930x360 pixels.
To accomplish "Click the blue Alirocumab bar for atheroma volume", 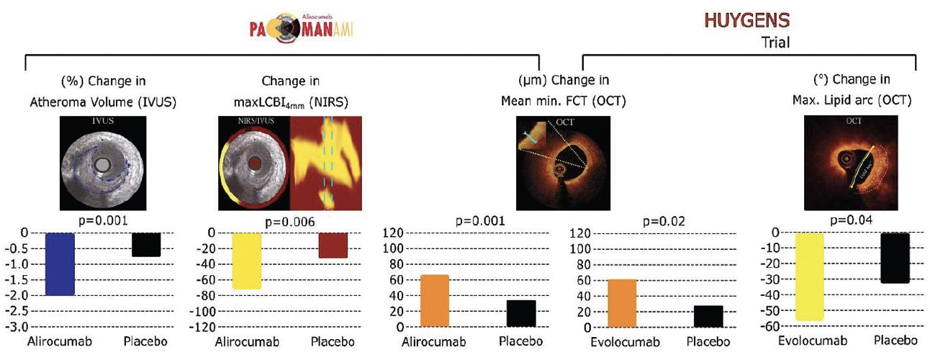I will point(60,264).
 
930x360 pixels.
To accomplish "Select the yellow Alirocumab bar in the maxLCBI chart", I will point(247,260).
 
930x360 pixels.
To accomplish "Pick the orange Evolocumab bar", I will point(622,303).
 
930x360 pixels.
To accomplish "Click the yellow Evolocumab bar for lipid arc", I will point(808,276).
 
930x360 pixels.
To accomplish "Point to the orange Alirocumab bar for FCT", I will point(435,301).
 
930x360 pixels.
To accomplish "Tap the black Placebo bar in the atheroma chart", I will point(146,245).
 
